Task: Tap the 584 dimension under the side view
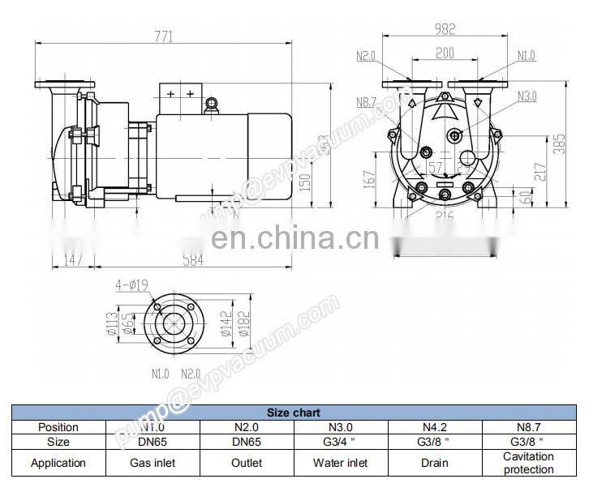(192, 260)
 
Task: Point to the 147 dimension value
(74, 260)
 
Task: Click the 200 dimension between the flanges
(444, 53)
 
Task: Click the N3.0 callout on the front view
(527, 96)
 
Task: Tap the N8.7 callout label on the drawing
(367, 102)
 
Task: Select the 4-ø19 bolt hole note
(131, 284)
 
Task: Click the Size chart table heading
(294, 413)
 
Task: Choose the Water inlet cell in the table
(341, 463)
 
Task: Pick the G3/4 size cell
(341, 442)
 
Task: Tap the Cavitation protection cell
(528, 463)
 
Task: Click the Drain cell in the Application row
(435, 463)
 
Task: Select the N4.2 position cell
(435, 427)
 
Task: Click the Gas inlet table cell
(153, 463)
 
